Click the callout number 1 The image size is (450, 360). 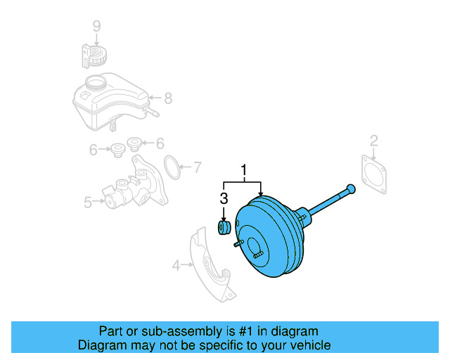click(245, 170)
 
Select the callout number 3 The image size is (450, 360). click(224, 198)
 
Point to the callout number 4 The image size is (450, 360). click(176, 265)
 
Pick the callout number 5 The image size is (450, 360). click(88, 202)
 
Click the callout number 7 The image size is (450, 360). click(197, 167)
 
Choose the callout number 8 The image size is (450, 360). click(167, 98)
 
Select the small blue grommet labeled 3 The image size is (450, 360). click(224, 229)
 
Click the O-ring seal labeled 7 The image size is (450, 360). click(171, 168)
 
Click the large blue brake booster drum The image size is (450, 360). click(271, 239)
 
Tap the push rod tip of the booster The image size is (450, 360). click(350, 188)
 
